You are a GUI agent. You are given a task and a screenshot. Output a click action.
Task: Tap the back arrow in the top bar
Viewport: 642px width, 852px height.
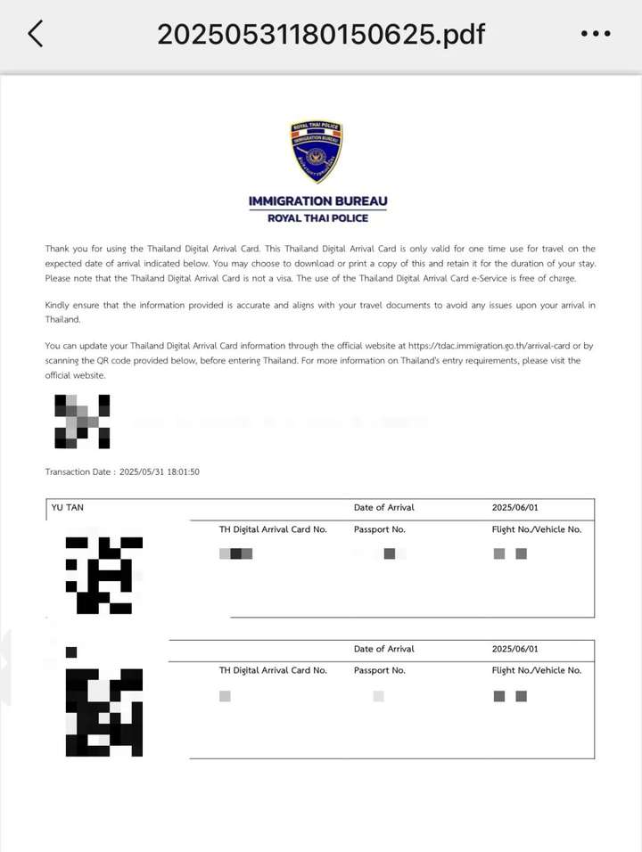(36, 34)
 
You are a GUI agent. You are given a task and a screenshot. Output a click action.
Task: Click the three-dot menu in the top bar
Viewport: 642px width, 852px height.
(596, 34)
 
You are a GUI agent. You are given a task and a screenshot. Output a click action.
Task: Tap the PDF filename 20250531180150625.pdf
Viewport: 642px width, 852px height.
(321, 34)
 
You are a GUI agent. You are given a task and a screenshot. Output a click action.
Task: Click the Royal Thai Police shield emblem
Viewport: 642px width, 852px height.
(317, 152)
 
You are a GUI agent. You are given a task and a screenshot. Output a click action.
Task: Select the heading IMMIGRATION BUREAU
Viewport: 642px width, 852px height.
(318, 201)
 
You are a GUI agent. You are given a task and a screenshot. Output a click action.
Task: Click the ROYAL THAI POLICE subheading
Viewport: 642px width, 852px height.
(318, 218)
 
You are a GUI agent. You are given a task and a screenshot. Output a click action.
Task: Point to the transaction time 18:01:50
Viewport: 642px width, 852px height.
(180, 471)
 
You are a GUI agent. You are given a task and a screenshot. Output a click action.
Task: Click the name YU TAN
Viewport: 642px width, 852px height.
(69, 508)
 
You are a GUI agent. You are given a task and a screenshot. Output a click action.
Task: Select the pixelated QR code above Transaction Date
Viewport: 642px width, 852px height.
(82, 421)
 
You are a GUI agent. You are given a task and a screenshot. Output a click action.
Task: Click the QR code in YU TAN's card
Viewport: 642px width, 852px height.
(103, 574)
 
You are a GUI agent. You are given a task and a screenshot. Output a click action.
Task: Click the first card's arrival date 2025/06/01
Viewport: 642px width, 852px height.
(514, 508)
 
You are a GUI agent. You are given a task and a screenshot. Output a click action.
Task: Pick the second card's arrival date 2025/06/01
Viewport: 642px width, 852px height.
(514, 650)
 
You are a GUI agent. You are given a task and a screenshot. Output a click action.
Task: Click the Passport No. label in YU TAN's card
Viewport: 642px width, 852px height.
(379, 529)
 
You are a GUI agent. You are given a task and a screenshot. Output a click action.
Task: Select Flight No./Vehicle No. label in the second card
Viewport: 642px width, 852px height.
(536, 670)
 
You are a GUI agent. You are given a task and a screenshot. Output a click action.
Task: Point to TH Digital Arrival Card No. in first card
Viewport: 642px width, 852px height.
(273, 529)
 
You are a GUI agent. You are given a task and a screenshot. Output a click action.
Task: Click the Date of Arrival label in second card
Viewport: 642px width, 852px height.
(383, 650)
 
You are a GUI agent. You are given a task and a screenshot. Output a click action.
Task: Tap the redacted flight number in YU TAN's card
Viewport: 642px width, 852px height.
(510, 553)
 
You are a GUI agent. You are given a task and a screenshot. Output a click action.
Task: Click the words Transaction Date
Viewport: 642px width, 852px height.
(78, 471)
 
